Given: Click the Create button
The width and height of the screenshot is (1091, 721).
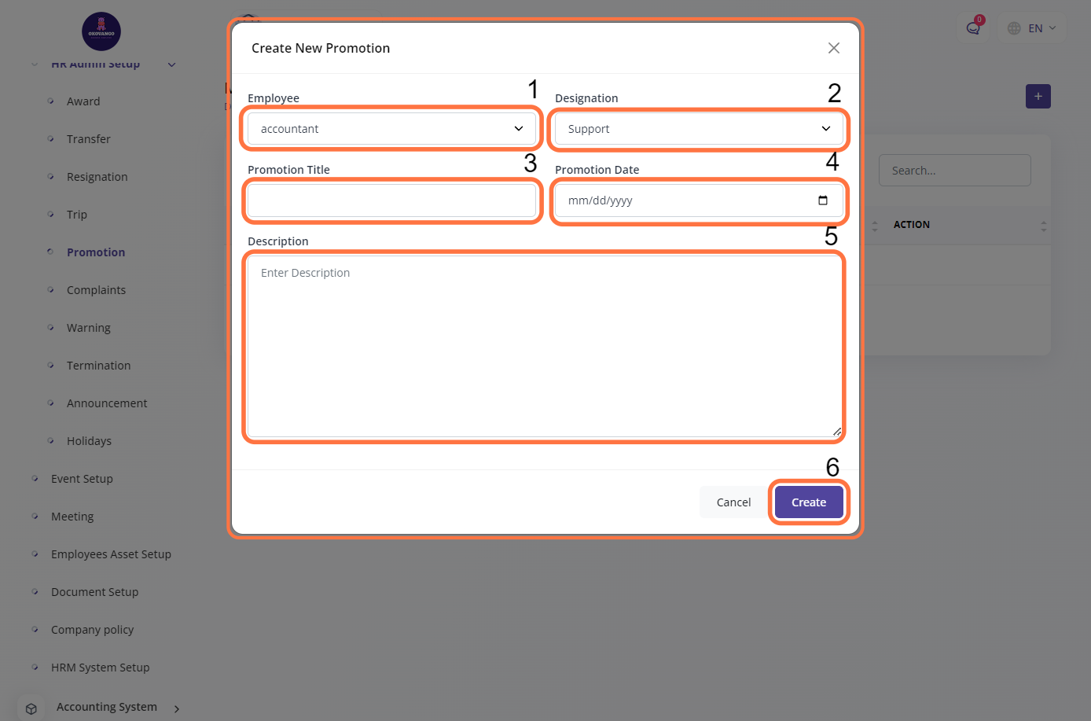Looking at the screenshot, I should click(x=808, y=502).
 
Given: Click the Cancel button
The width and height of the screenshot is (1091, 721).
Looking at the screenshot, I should click(x=733, y=502).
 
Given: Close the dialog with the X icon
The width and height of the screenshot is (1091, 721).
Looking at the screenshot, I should click(x=833, y=48).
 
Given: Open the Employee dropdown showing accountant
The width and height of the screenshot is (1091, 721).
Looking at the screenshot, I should click(x=391, y=129).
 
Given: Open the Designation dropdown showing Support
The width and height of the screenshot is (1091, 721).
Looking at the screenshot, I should click(x=698, y=129).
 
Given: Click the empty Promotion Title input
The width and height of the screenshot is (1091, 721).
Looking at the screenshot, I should click(x=391, y=200).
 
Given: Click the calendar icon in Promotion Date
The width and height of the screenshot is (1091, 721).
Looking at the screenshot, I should click(x=822, y=200).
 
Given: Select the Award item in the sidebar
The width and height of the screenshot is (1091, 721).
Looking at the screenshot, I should click(x=83, y=101).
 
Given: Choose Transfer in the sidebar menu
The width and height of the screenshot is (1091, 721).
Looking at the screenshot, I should click(x=88, y=139).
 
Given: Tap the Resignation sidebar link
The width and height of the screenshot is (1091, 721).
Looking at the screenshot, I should click(x=97, y=177).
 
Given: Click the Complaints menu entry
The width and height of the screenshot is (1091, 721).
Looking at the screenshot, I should click(x=96, y=290).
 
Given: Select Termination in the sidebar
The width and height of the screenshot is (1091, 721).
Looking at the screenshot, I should click(x=98, y=366).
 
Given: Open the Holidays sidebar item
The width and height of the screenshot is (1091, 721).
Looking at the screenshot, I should click(x=89, y=441).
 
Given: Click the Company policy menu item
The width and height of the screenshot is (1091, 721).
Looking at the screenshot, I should click(x=92, y=630).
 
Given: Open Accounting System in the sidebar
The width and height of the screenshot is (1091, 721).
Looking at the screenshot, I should click(x=106, y=707).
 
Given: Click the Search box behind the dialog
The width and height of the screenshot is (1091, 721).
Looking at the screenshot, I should click(x=954, y=171).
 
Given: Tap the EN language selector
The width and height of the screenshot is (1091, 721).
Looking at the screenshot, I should click(x=1033, y=28).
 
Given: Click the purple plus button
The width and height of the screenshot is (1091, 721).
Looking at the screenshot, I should click(x=1038, y=97).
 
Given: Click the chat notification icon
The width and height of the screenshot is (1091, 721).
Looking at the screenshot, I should click(x=973, y=28).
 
